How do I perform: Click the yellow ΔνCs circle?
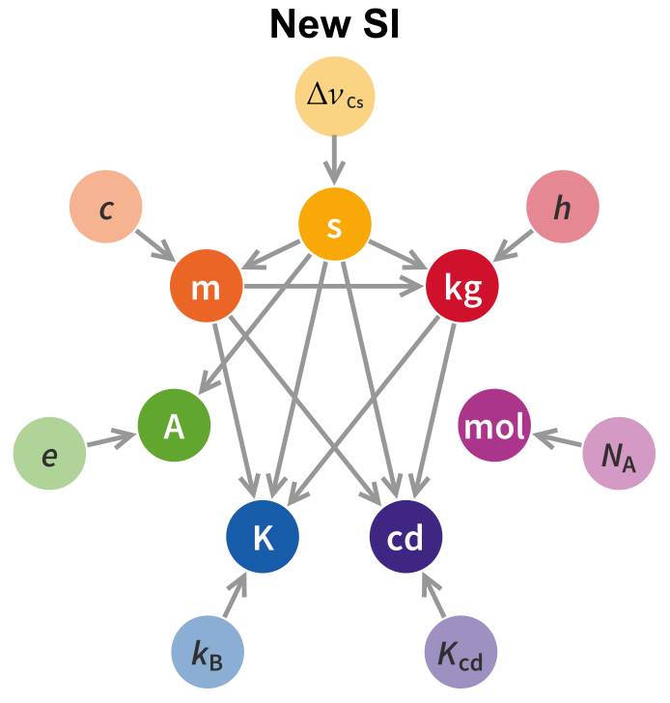click(334, 97)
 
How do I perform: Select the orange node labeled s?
click(334, 226)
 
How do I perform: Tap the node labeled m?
click(206, 287)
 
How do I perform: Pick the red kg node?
click(462, 287)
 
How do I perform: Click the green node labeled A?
click(174, 426)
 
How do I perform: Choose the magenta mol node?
click(494, 426)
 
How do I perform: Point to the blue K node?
click(263, 537)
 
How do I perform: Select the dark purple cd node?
click(405, 537)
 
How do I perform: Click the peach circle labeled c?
click(106, 207)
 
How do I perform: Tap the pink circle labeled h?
click(562, 207)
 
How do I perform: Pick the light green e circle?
click(49, 454)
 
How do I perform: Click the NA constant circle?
click(619, 454)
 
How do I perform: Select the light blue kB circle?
click(208, 653)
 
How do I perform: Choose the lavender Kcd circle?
click(461, 653)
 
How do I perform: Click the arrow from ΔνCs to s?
click(334, 159)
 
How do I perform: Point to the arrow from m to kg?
click(333, 286)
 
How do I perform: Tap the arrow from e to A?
click(111, 440)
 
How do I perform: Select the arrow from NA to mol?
click(558, 440)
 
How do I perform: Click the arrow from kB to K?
click(235, 595)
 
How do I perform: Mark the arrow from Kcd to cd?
click(433, 595)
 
